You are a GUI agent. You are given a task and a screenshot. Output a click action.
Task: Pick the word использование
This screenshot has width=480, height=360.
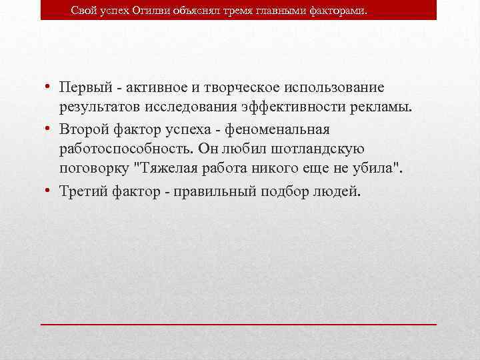(333, 87)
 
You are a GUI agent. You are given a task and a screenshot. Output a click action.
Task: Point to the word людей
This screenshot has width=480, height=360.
(336, 191)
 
